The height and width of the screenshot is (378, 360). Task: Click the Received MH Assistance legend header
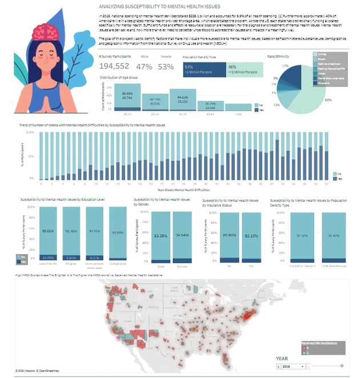pos(322,342)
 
